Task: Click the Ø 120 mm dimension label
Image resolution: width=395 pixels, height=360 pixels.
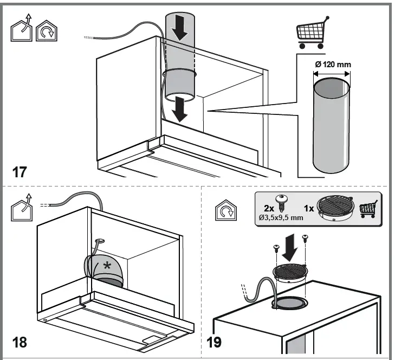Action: [332, 65]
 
